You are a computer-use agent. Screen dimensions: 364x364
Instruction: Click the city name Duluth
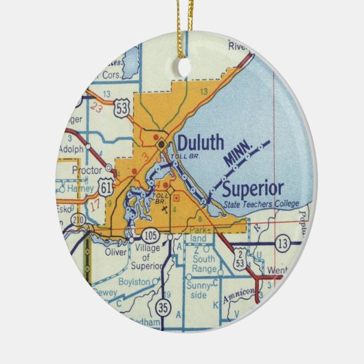tap(201, 143)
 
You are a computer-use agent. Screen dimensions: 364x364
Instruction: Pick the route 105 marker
tap(152, 236)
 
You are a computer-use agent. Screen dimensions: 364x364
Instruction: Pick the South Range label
tap(205, 262)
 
